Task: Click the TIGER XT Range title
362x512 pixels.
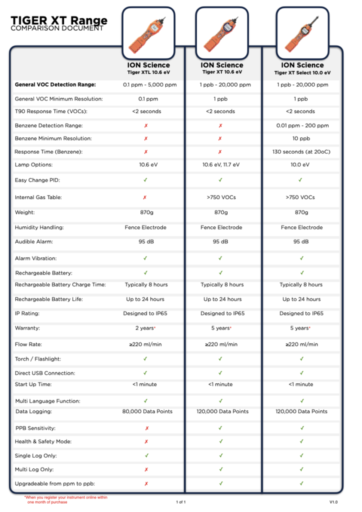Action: [x=59, y=20]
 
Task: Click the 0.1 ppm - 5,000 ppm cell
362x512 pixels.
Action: [x=148, y=84]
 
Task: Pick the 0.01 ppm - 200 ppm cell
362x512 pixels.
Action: [x=302, y=125]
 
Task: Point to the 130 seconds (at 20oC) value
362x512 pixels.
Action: [x=301, y=151]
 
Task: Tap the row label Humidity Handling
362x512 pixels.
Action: [x=39, y=227]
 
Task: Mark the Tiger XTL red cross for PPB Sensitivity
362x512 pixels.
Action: [x=146, y=428]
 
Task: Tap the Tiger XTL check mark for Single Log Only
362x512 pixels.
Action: [x=146, y=455]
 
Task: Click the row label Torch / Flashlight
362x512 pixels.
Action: [x=38, y=359]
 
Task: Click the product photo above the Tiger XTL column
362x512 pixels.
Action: [x=149, y=33]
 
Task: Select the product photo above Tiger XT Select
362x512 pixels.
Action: [x=301, y=33]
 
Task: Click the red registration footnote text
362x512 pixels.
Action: [x=65, y=499]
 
